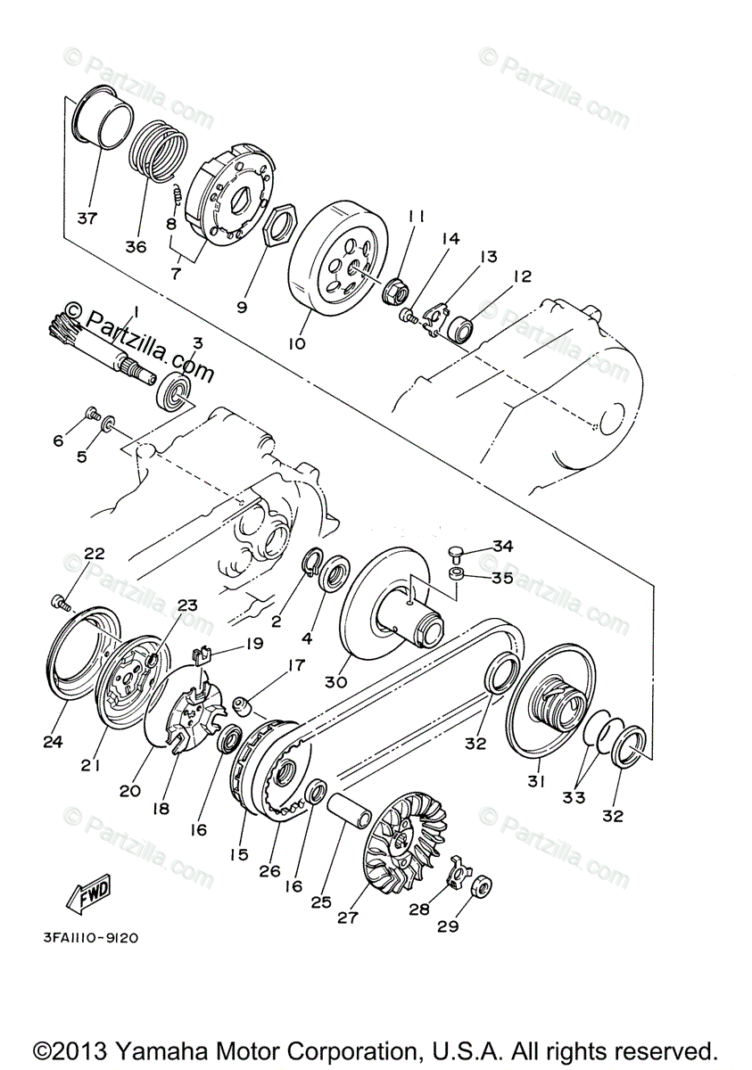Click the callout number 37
[x=87, y=218]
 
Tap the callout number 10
[x=296, y=342]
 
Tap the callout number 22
[x=95, y=554]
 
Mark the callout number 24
[x=53, y=740]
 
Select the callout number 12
[x=521, y=277]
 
